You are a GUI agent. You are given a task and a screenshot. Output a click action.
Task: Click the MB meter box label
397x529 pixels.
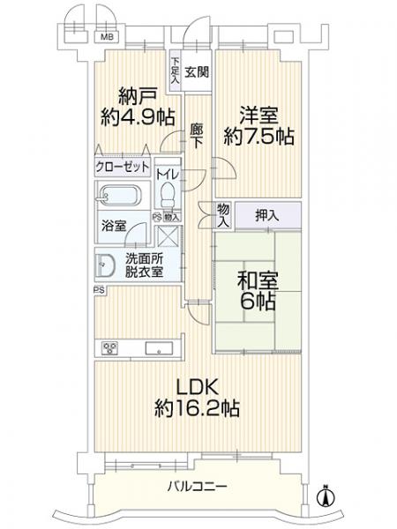(x=109, y=37)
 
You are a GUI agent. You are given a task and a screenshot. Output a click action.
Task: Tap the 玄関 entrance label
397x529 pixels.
(x=197, y=72)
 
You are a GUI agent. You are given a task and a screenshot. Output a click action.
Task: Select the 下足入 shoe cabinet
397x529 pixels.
(x=176, y=71)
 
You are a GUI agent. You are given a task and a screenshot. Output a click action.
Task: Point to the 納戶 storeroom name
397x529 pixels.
(x=138, y=96)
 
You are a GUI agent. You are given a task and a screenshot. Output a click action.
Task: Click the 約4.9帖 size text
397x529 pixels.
(x=139, y=117)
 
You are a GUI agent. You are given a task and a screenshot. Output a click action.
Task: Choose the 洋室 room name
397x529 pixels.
(x=258, y=115)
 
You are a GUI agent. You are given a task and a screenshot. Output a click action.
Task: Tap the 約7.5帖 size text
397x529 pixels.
(x=258, y=137)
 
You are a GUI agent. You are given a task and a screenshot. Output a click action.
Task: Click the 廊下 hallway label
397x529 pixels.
(x=196, y=135)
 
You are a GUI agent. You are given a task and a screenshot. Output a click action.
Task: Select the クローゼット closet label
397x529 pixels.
(x=123, y=167)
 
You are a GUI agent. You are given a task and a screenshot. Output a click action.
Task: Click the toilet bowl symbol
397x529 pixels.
(x=168, y=195)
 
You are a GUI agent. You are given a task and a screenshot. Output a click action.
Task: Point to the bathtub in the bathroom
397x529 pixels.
(x=118, y=195)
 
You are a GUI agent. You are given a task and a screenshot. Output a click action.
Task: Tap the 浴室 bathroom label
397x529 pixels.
(x=114, y=226)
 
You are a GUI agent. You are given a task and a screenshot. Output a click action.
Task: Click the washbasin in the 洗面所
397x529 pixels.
(x=105, y=265)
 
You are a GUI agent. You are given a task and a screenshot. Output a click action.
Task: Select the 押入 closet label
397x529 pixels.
(x=267, y=215)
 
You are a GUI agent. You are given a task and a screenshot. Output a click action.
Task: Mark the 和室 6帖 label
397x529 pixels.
(x=258, y=291)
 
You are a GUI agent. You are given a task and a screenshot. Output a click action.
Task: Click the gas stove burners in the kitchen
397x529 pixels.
(x=110, y=348)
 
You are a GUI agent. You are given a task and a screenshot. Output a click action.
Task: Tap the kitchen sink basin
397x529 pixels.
(x=159, y=348)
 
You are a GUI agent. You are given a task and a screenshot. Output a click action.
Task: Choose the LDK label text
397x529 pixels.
(x=198, y=388)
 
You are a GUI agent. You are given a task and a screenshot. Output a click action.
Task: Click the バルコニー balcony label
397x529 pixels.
(x=198, y=487)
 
